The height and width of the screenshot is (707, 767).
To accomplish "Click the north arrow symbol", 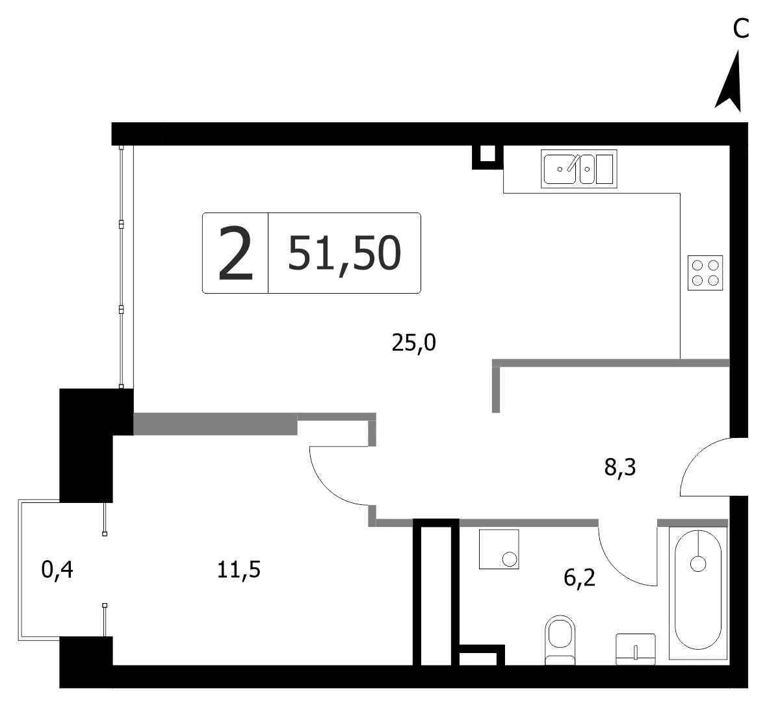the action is click(x=731, y=83).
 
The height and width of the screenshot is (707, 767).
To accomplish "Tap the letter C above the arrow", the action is click(x=741, y=29).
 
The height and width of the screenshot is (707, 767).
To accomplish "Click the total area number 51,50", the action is click(x=344, y=253).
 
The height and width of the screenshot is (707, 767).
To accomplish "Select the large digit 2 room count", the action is click(x=236, y=253).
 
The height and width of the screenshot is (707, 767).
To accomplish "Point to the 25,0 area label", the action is click(x=414, y=342).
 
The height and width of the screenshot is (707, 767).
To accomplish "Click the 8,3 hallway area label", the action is click(x=620, y=467).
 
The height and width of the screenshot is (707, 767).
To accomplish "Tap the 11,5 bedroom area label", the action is click(x=239, y=570).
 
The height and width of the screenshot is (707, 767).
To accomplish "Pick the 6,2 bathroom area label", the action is click(x=580, y=578).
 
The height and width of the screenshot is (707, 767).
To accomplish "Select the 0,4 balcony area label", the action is click(x=58, y=570).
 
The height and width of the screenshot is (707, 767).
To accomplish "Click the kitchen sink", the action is click(x=578, y=169).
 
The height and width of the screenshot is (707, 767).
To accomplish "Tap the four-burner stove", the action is click(x=705, y=273).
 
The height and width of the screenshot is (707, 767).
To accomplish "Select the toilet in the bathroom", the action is click(x=560, y=639).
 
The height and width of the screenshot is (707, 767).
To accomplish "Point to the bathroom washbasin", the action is click(x=636, y=649).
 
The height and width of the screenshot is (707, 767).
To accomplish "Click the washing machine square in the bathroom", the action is click(x=499, y=549).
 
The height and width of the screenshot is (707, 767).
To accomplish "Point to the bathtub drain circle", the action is click(x=698, y=564).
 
